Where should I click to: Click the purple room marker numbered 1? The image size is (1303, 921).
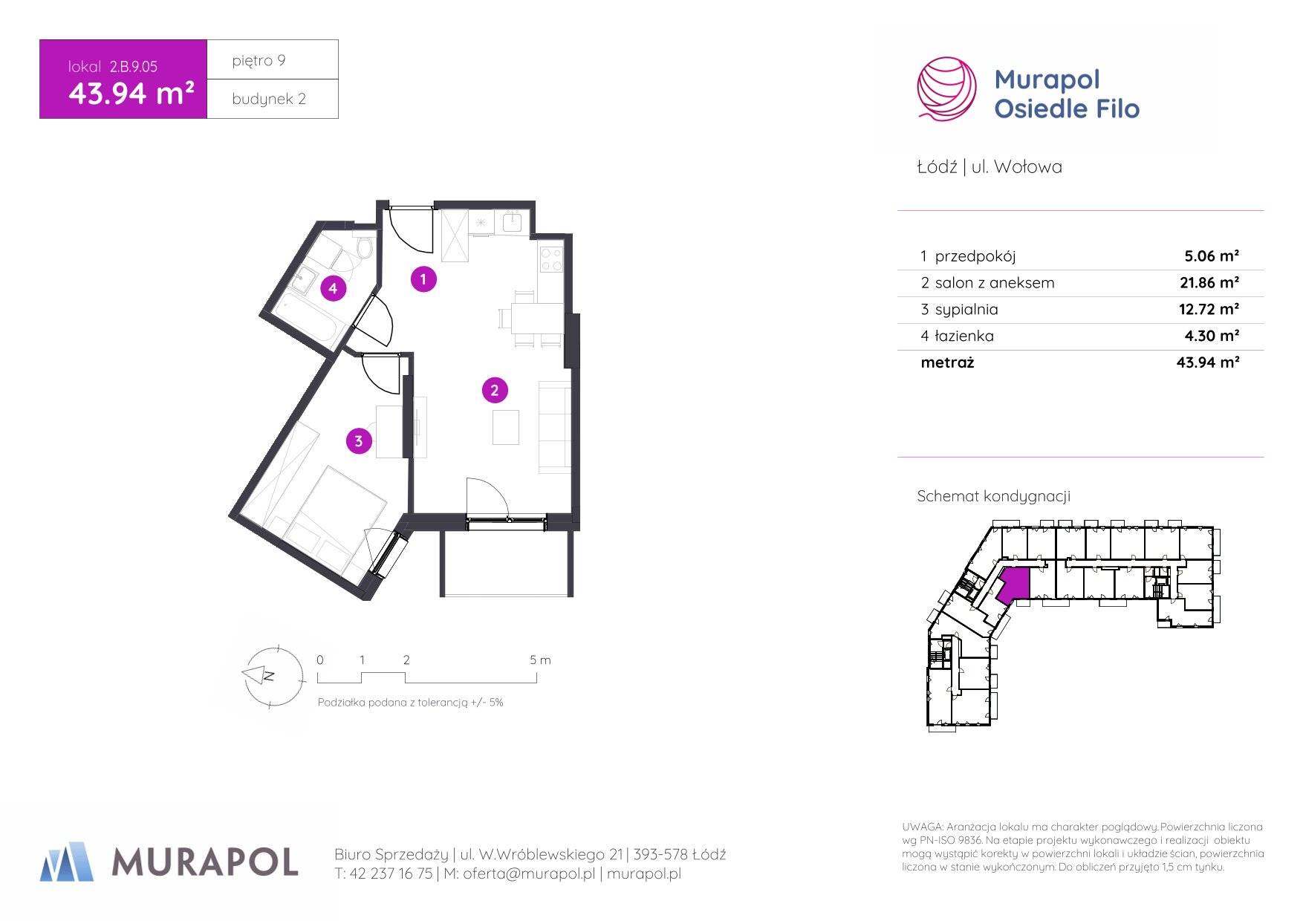coord(423,279)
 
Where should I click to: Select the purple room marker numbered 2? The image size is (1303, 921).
coord(495,391)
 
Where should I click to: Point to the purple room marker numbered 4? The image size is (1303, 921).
coord(334,288)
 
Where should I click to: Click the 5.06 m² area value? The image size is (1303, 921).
coord(1212,256)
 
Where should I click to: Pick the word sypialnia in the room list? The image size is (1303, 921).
coord(966,310)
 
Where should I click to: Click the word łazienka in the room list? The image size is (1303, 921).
coord(964,336)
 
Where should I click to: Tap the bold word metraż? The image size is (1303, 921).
coord(947,362)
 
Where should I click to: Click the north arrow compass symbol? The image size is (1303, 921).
coord(273,676)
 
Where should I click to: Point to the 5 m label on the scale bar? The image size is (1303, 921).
coord(540,660)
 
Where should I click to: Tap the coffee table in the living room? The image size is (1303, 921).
coord(505,427)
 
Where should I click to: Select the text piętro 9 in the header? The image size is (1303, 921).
coord(259,61)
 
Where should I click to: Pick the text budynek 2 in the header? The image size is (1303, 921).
coord(269,99)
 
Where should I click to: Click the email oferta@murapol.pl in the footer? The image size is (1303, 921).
coord(529,873)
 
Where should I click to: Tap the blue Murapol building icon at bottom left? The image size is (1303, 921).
coord(67,862)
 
